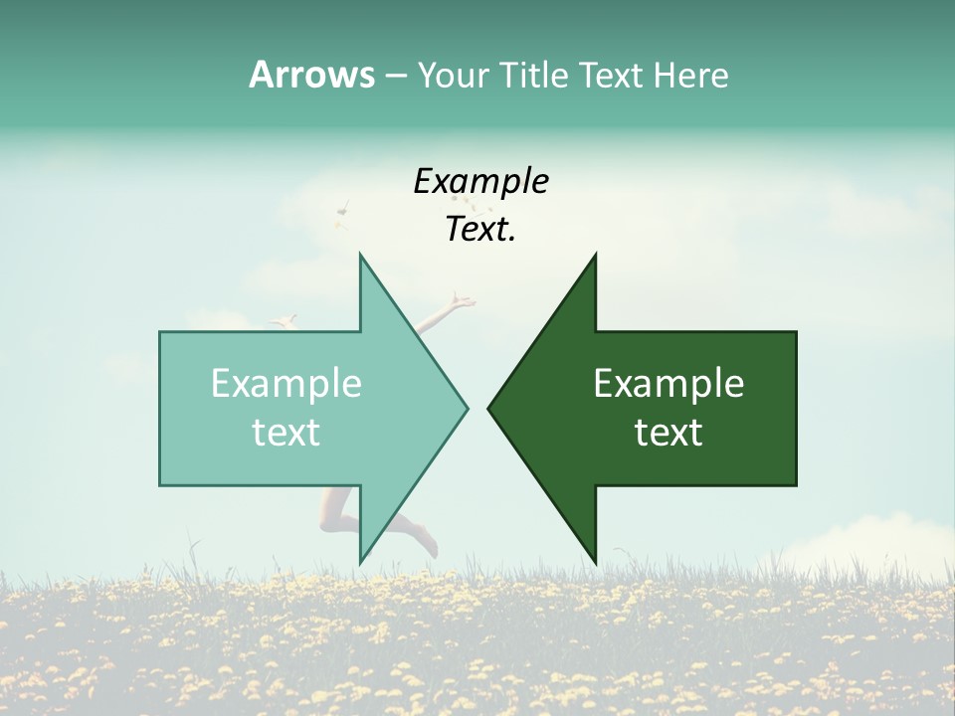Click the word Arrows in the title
tap(311, 75)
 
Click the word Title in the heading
tap(532, 76)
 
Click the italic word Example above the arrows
tap(480, 182)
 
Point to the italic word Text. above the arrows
tap(480, 230)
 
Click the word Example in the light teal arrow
tap(286, 383)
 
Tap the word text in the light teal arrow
tap(286, 432)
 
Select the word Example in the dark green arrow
tap(668, 383)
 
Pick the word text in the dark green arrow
tap(668, 432)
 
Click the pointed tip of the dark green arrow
tap(490, 408)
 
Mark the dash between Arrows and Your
tap(395, 76)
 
